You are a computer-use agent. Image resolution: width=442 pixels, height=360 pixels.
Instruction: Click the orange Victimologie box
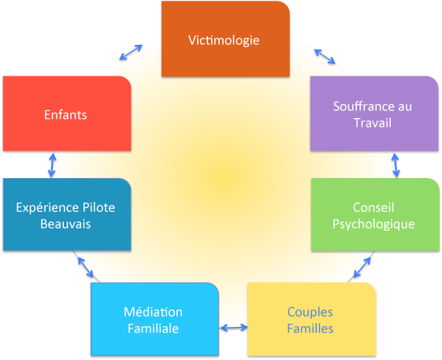coord(225,39)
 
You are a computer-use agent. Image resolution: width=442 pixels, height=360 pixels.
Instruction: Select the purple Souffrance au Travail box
coord(374,113)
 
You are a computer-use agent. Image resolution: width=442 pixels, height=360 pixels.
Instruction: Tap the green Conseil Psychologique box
coord(375,214)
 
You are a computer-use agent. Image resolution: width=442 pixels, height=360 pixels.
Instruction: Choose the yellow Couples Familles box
coord(312,319)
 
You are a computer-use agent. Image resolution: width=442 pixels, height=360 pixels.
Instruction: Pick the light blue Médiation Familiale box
coord(154,319)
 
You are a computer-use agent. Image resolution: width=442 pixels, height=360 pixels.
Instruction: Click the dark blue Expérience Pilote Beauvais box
coord(67,214)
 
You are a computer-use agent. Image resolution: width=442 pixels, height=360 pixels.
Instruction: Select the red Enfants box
coord(67,113)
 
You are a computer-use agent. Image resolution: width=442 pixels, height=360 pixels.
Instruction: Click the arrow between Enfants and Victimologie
coord(131,53)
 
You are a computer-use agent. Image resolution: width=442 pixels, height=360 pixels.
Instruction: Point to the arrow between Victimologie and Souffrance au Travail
coord(325,57)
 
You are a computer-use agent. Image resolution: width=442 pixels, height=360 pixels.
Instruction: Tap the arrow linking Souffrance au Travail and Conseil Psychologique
coord(396,165)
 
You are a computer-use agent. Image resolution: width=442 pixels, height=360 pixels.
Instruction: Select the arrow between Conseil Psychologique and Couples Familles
coord(362,267)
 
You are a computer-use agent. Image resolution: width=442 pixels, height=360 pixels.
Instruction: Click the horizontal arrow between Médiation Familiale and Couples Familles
coord(234,327)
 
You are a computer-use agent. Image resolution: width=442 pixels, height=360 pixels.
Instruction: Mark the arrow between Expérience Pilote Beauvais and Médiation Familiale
coord(85,267)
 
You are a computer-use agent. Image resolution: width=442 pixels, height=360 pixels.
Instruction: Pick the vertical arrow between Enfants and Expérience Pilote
coord(52,165)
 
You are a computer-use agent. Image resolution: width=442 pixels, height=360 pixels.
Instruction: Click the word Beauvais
coord(65,225)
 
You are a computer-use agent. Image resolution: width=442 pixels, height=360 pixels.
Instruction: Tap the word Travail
coord(373,123)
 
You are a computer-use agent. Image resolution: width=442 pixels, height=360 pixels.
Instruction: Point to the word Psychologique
coord(373,225)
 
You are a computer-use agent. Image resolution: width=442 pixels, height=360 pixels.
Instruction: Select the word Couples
coord(310,313)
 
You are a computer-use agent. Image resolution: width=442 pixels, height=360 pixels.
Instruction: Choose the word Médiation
coord(153,312)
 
